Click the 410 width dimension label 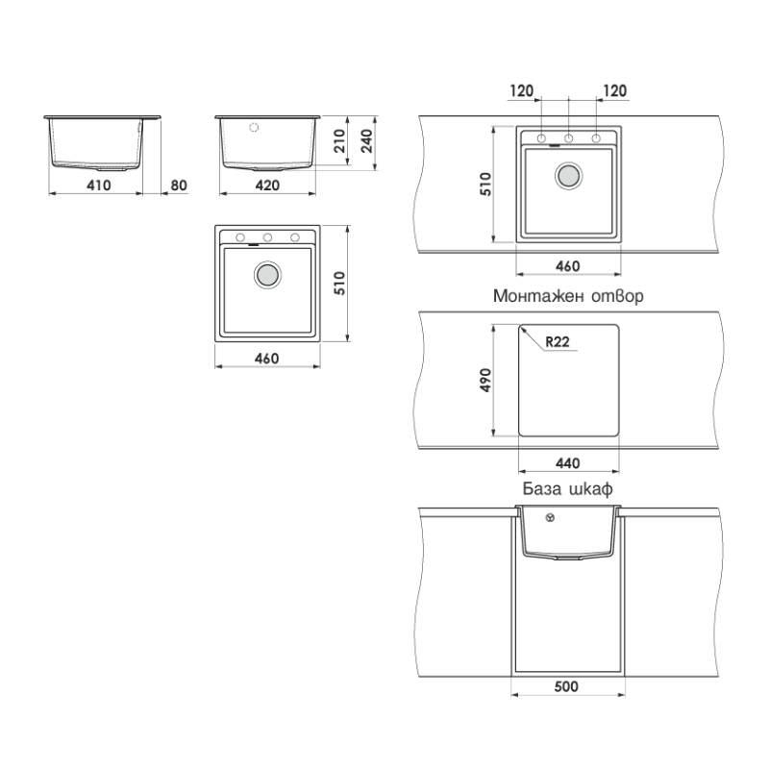click(99, 186)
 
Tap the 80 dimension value click(179, 186)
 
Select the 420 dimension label click(267, 186)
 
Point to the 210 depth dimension click(339, 140)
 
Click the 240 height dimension click(367, 140)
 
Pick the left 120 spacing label click(521, 90)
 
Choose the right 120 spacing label click(615, 90)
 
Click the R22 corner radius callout click(558, 341)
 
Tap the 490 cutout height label click(485, 380)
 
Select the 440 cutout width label click(567, 463)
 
